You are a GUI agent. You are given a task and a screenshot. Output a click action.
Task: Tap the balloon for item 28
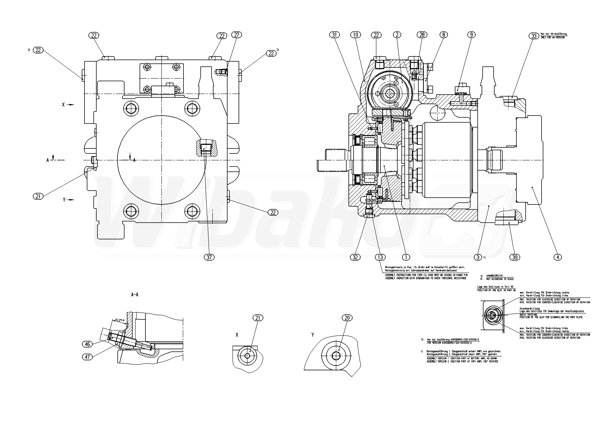pyautogui.click(x=422, y=35)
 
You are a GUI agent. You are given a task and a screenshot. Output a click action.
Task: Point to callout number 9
pyautogui.click(x=471, y=35)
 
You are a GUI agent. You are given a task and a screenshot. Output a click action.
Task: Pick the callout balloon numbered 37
pyautogui.click(x=209, y=257)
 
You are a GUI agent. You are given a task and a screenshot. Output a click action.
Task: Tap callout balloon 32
pyautogui.click(x=355, y=257)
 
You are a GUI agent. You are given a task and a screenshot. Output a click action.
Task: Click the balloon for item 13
pyautogui.click(x=380, y=257)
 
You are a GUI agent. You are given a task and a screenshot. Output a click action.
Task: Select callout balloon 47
pyautogui.click(x=87, y=357)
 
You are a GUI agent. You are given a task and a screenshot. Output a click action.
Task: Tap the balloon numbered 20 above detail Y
pyautogui.click(x=347, y=318)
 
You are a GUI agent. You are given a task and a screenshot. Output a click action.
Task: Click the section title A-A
pyautogui.click(x=135, y=295)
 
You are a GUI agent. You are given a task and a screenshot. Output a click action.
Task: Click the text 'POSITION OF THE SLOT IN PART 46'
pyautogui.click(x=496, y=290)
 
